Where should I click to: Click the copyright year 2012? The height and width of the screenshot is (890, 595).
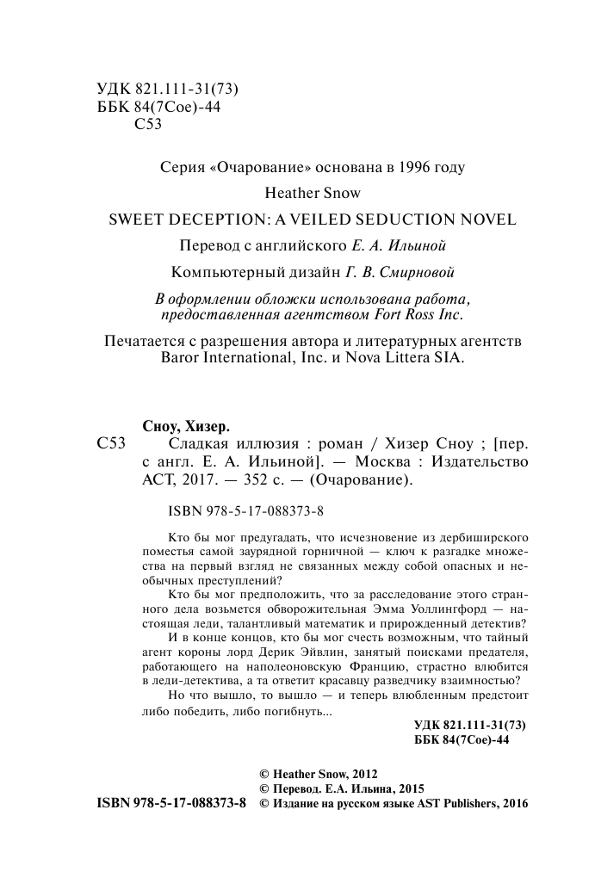coord(363,774)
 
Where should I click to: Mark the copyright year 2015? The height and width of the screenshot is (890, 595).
coord(409,788)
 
